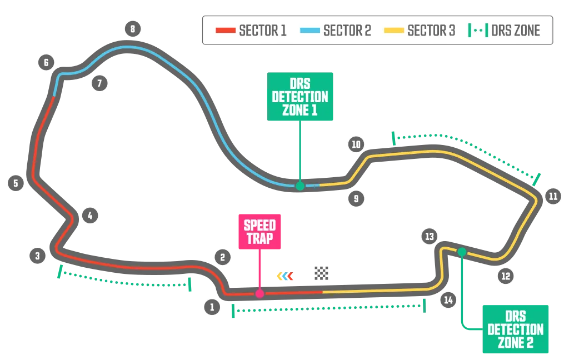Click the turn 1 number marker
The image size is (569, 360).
[x=212, y=307]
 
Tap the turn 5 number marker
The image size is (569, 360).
[x=16, y=182]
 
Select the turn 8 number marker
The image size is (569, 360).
[x=132, y=28]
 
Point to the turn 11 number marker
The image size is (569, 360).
[x=552, y=197]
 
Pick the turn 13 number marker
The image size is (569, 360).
[x=428, y=236]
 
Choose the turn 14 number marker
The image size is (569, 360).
[x=448, y=300]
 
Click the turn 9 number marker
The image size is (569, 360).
[x=356, y=198]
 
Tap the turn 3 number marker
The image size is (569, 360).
[x=37, y=256]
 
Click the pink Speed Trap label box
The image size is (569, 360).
[x=259, y=232]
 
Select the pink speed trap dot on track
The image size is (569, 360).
[x=259, y=293]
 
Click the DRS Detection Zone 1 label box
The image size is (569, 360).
[x=300, y=96]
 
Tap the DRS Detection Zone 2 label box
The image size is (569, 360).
[x=515, y=328]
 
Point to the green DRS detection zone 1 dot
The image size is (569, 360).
[x=300, y=186]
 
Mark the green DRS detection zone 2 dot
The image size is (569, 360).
[x=461, y=252]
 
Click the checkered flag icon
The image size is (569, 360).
[x=321, y=272]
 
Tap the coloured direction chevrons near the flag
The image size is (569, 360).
[x=284, y=276]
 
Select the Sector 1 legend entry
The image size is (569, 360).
[x=251, y=31]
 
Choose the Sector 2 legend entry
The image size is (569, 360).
[x=335, y=31]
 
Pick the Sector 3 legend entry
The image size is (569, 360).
[x=420, y=31]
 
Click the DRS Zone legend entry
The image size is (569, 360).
[x=505, y=31]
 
